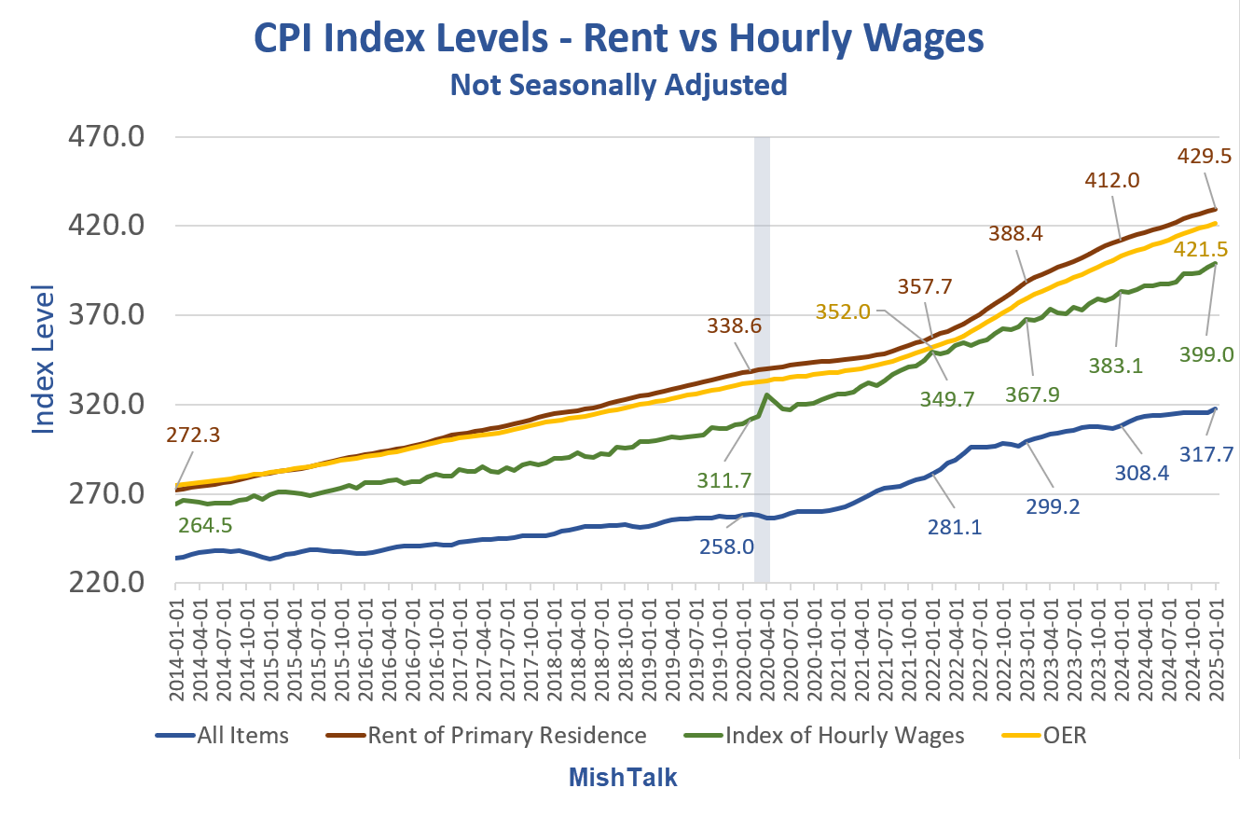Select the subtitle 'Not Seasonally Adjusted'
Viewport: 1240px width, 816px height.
(618, 85)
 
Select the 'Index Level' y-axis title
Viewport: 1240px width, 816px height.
(45, 359)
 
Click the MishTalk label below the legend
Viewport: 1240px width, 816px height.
(623, 777)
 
